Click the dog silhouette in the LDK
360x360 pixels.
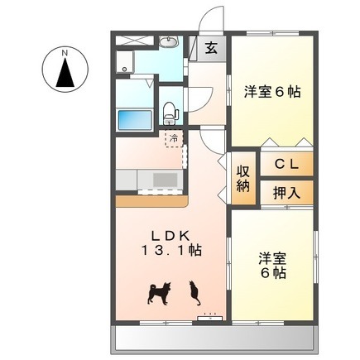coord(160,293)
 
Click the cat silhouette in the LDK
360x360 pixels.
coord(194,293)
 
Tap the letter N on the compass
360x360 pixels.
coord(65,53)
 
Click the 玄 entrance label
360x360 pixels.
coord(211,49)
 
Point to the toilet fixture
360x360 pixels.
coord(170,113)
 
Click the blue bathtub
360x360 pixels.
coord(135,120)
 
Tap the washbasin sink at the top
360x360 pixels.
coord(169,42)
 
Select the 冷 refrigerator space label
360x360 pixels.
coord(174,139)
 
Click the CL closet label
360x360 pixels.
coord(286,165)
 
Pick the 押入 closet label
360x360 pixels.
coord(286,193)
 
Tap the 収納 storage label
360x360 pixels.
coord(243,180)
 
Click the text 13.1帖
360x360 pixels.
coord(171,251)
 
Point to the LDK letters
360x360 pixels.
coord(171,236)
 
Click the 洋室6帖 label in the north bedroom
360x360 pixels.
coord(272,92)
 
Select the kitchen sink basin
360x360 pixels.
coord(166,180)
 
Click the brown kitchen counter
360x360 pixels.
coord(151,201)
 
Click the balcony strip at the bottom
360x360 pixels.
coord(214,339)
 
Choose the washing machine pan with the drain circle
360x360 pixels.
coord(125,62)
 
